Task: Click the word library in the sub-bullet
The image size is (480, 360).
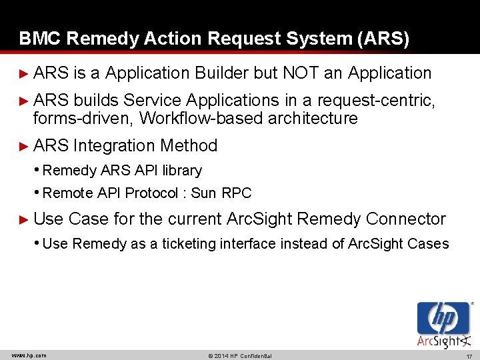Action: coord(181,171)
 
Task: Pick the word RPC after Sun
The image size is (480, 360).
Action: coord(237,194)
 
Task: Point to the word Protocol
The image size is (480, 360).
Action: coord(153,194)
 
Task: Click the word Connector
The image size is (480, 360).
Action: coord(406,219)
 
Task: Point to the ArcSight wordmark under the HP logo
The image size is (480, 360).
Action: coord(440,341)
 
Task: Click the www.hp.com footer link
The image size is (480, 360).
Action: coord(29,355)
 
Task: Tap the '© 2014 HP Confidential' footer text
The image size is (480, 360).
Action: coord(240,355)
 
